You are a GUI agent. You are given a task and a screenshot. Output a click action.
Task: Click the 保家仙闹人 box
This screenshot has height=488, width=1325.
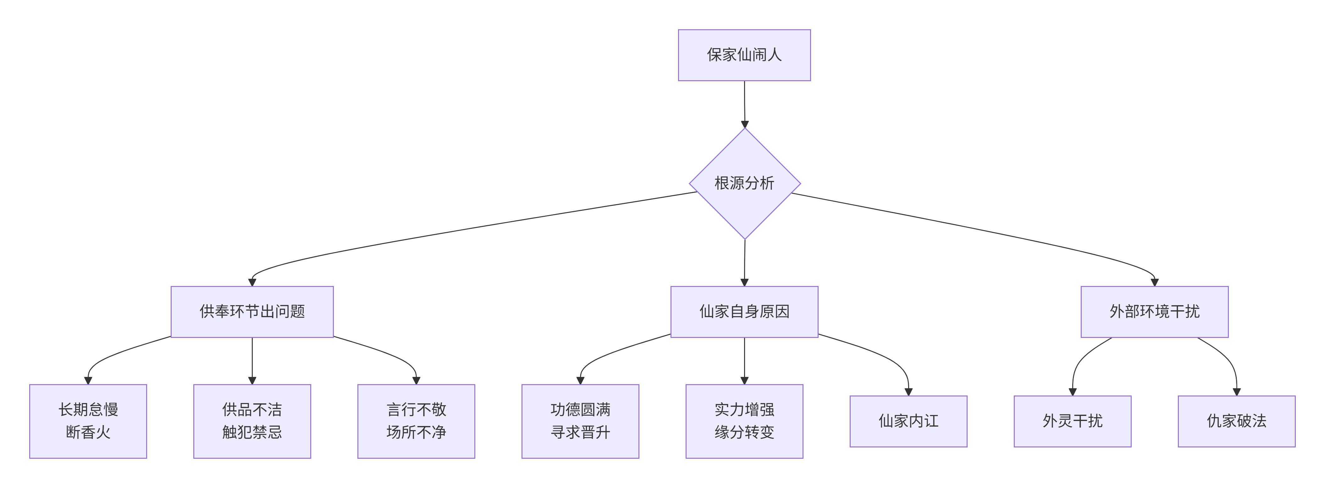coord(744,55)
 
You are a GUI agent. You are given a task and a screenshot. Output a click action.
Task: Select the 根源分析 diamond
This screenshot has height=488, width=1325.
coord(744,183)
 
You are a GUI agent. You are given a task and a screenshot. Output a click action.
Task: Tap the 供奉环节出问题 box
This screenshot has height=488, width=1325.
coord(252,311)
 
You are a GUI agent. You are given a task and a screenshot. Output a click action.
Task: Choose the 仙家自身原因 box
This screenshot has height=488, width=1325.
coord(744,311)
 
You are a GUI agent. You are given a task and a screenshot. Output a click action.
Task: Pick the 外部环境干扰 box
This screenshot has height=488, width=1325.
coord(1154,311)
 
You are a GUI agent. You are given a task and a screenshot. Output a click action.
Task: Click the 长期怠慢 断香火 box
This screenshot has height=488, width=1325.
coord(88,421)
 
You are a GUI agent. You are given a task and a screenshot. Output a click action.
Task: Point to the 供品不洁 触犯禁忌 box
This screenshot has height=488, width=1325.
coord(252,421)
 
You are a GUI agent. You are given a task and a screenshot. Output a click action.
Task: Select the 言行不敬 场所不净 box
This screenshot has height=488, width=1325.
coord(416,421)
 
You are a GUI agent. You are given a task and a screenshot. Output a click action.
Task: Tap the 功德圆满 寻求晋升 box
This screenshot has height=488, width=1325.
coord(580,421)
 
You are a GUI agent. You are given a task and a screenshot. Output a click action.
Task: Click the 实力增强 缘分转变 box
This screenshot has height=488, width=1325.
coord(744,421)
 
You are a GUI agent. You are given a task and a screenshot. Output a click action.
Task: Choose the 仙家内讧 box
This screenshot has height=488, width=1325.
coord(908,421)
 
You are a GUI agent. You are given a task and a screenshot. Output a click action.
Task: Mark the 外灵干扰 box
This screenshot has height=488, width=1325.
coord(1073,421)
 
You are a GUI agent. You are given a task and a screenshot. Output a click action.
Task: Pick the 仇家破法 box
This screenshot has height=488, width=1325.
coord(1237,421)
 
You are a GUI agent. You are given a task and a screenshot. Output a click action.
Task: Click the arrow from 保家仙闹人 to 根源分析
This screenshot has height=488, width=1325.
coord(744,103)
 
